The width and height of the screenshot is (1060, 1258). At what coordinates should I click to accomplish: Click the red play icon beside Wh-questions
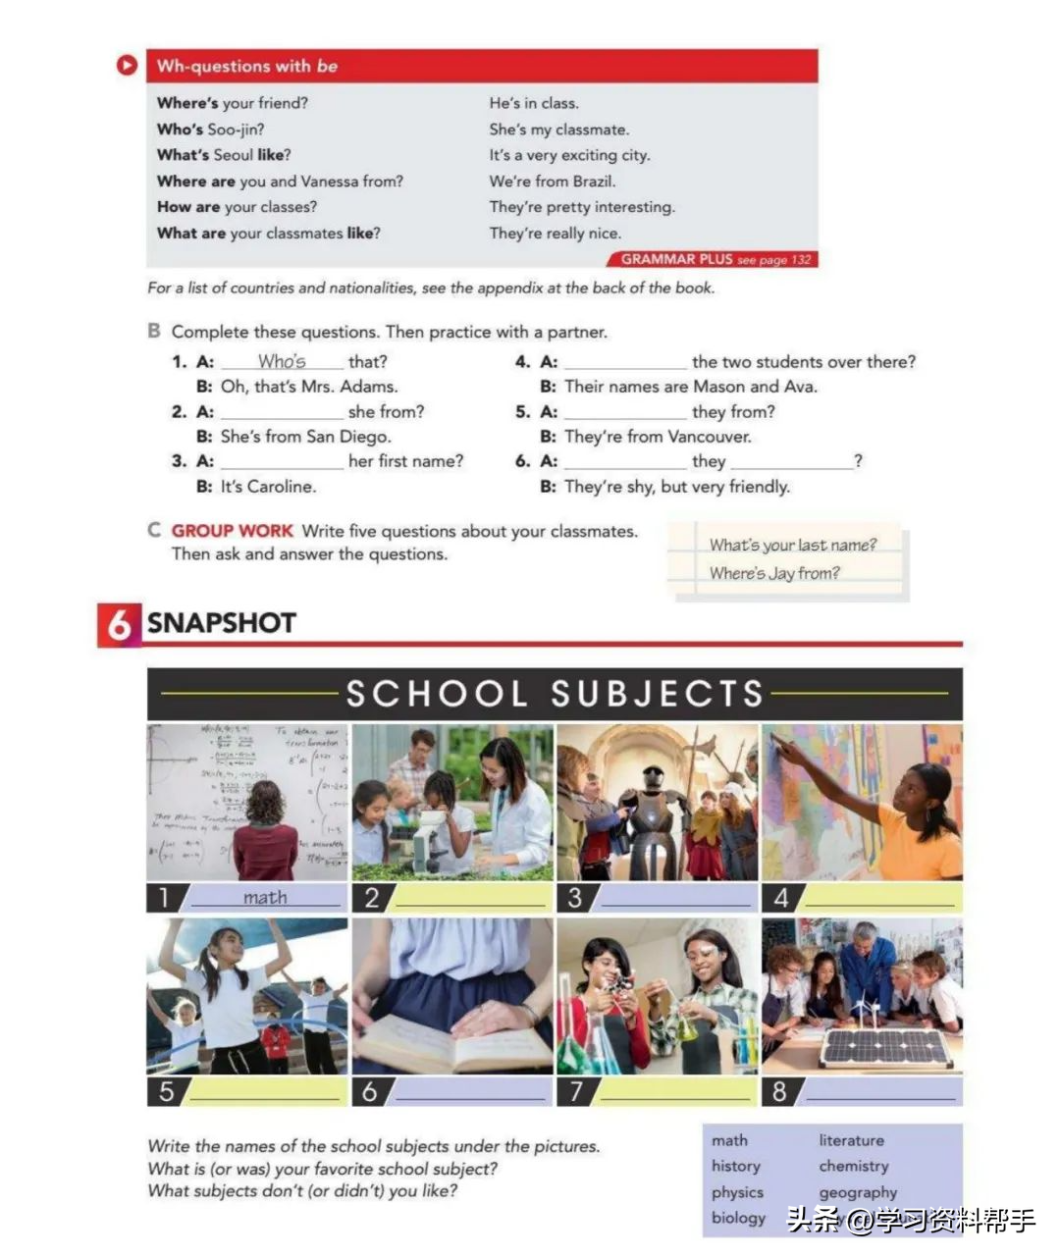click(x=127, y=66)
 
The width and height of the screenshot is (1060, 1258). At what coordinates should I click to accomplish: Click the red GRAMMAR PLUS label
click(x=677, y=259)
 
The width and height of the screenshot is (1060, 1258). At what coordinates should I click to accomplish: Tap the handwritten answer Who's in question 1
click(x=282, y=361)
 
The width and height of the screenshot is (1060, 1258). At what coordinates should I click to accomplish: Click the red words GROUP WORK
click(x=232, y=531)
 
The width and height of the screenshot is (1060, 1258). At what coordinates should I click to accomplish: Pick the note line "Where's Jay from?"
click(x=774, y=573)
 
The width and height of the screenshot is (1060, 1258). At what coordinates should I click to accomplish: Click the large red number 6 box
click(x=118, y=624)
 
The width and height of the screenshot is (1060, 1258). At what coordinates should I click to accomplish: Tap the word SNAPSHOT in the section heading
click(x=222, y=623)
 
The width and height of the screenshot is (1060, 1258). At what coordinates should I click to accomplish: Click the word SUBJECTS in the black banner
click(x=657, y=694)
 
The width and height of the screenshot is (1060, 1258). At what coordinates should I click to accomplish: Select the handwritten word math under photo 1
click(x=265, y=898)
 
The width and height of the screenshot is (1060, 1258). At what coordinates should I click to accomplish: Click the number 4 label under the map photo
click(x=781, y=898)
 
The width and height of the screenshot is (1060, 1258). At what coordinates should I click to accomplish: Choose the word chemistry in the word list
click(x=854, y=1166)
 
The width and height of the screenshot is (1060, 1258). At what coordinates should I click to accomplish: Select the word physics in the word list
click(x=737, y=1192)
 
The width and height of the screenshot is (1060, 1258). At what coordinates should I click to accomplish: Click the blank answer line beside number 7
click(x=675, y=1091)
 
